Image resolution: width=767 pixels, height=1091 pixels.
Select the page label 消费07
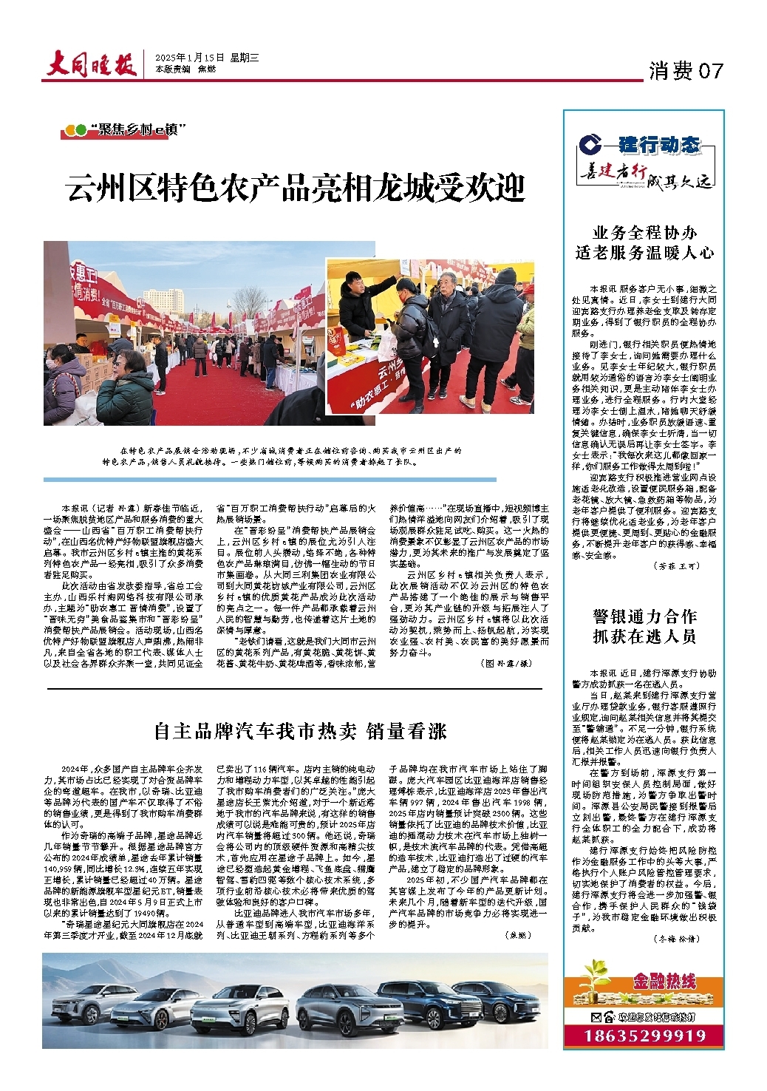[x=685, y=71]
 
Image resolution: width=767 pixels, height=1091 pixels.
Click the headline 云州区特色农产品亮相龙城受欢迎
[x=296, y=188]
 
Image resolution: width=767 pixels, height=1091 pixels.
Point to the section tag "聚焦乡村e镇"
[x=125, y=131]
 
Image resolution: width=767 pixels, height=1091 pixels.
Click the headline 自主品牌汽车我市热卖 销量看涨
[x=300, y=731]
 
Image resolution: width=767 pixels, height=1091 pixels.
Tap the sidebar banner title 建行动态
[x=658, y=144]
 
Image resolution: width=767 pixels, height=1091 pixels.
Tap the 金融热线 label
[x=663, y=982]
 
